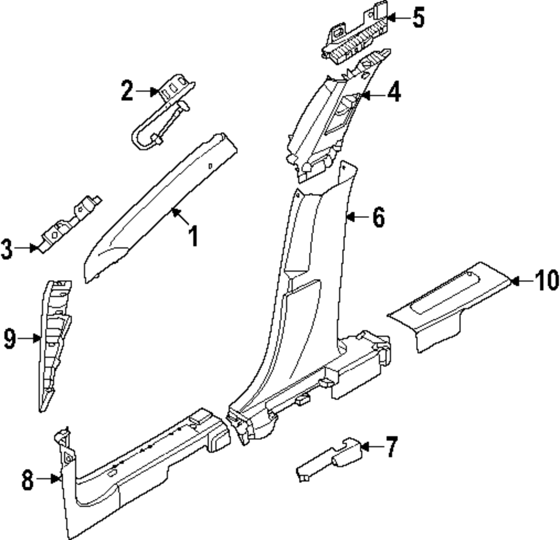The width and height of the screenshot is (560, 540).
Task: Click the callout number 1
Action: [x=193, y=236]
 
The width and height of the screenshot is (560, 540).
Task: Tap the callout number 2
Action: [x=128, y=90]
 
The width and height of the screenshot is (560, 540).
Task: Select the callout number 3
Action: [x=7, y=249]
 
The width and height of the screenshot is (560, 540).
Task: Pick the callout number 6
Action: [x=379, y=216]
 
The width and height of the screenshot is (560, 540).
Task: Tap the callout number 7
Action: [x=390, y=446]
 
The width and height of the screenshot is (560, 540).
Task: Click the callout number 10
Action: [x=546, y=280]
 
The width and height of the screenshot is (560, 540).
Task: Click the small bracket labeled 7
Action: [x=330, y=458]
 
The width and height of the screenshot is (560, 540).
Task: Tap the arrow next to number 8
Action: [x=55, y=479]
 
